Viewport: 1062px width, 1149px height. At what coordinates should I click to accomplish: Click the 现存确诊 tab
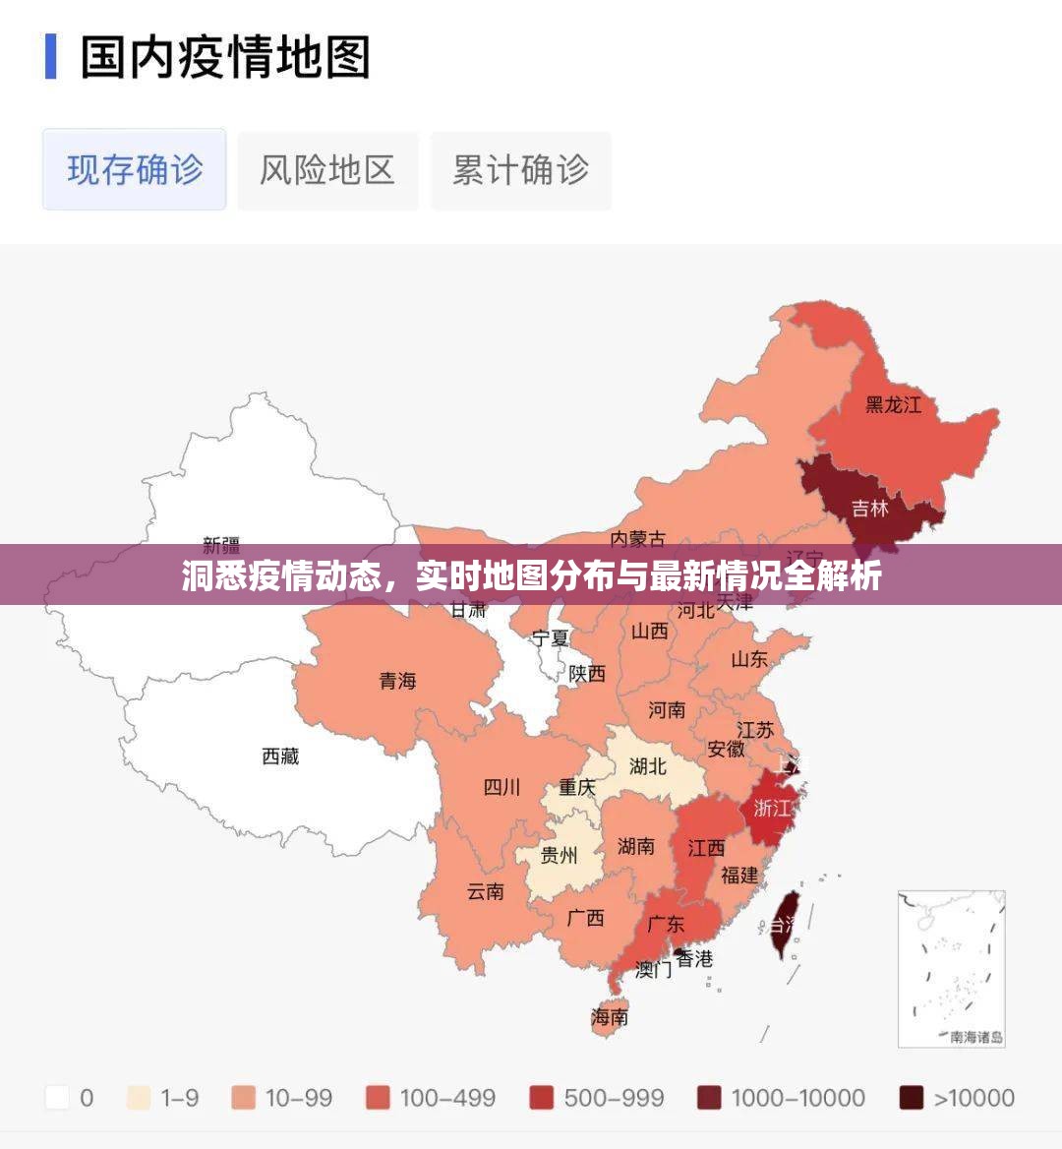135,169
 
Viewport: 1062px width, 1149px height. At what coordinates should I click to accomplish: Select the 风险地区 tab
326,169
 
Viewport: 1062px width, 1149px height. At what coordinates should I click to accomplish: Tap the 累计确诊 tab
520,169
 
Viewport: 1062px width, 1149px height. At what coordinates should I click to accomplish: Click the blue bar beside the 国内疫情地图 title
50,57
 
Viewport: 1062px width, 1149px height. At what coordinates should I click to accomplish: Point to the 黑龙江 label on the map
893,404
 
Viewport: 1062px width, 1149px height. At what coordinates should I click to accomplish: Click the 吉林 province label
869,508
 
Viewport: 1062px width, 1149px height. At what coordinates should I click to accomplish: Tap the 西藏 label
280,756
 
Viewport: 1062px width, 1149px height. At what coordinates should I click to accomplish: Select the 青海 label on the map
398,680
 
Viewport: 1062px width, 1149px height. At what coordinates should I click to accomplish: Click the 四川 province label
501,787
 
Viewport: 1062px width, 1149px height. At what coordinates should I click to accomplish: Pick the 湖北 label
647,765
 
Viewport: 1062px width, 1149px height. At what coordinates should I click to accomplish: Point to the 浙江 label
772,808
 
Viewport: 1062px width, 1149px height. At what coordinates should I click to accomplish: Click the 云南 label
485,891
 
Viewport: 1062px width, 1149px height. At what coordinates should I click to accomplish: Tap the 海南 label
610,1017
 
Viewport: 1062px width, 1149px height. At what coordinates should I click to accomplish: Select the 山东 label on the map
748,659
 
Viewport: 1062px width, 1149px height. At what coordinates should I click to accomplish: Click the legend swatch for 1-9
139,1098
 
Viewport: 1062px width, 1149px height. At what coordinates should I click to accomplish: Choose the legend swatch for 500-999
542,1098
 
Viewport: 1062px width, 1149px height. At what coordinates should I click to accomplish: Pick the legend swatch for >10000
912,1098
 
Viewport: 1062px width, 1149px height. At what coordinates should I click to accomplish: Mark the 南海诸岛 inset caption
976,1036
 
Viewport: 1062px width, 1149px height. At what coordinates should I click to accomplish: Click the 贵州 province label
559,855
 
